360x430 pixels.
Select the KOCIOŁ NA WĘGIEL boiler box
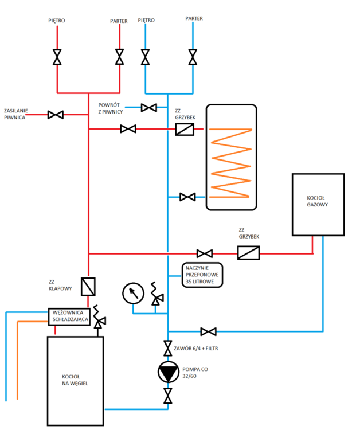point(75,379)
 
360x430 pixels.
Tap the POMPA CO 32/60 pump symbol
point(168,372)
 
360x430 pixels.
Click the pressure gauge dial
point(132,294)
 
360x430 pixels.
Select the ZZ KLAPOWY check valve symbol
point(89,286)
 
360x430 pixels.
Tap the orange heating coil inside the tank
point(230,161)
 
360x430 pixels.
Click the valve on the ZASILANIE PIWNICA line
point(56,115)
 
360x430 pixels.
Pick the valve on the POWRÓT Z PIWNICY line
point(149,107)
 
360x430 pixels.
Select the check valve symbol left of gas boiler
point(248,253)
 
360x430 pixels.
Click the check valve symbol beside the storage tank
point(185,130)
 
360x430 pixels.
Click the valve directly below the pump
point(168,396)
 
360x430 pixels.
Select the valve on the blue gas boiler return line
point(208,331)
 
